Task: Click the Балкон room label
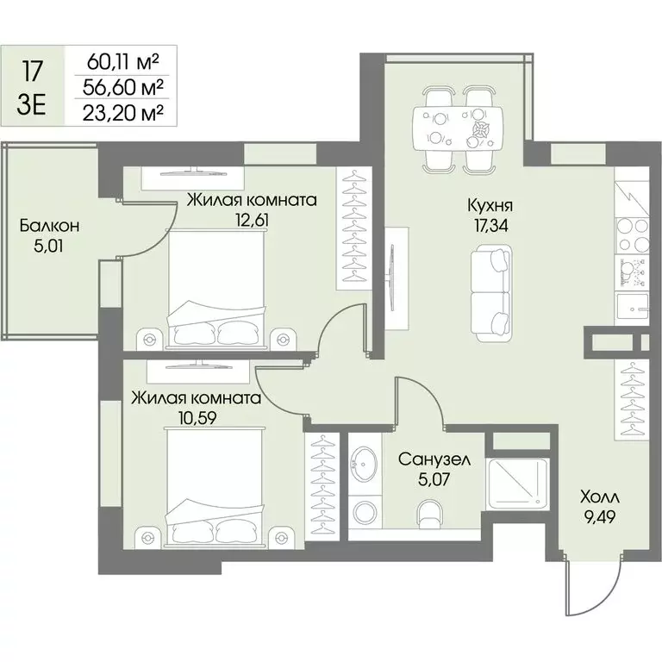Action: click(49, 227)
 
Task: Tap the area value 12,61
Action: click(253, 220)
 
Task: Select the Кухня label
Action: click(490, 206)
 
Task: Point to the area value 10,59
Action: click(198, 418)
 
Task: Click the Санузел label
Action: click(434, 459)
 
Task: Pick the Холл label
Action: click(600, 497)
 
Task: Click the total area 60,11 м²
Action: click(123, 62)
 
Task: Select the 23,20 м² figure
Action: click(123, 112)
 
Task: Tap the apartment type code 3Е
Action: click(31, 105)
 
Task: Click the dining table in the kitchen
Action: click(459, 128)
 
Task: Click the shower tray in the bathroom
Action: click(517, 484)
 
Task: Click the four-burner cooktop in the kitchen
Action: click(633, 234)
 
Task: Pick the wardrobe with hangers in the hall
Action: click(632, 400)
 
